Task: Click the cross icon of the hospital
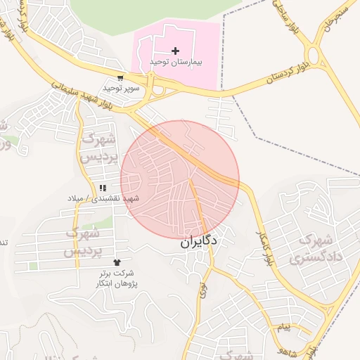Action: click(175, 51)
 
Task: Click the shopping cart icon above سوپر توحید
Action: click(121, 78)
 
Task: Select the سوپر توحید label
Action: click(121, 89)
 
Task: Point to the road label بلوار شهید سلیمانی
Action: click(82, 94)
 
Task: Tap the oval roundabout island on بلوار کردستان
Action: click(314, 55)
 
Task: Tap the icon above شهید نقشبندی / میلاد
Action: click(103, 188)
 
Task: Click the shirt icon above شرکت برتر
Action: click(116, 262)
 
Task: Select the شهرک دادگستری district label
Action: click(311, 249)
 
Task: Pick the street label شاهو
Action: click(288, 347)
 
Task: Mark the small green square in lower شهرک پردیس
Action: click(33, 266)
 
